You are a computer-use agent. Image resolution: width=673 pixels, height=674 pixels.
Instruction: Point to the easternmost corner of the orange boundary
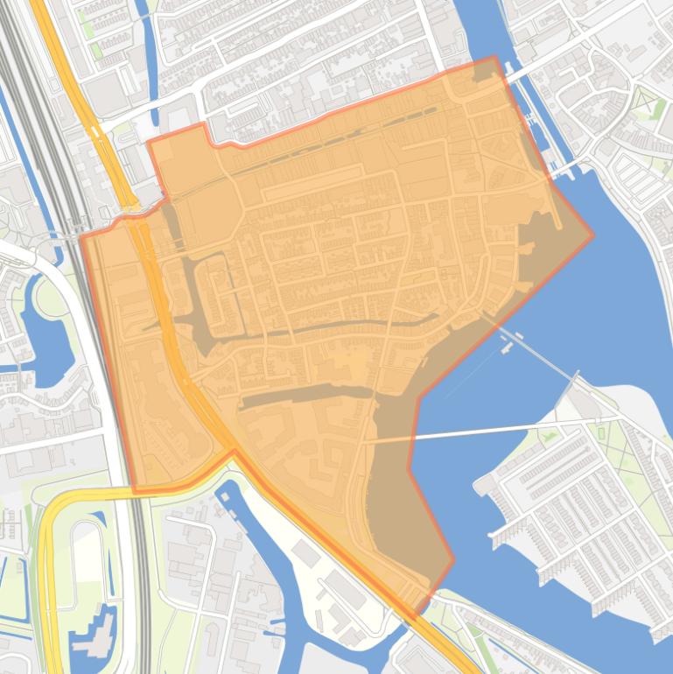[x=592, y=236]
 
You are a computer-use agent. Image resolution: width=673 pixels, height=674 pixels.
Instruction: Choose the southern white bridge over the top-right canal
[x=565, y=166]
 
